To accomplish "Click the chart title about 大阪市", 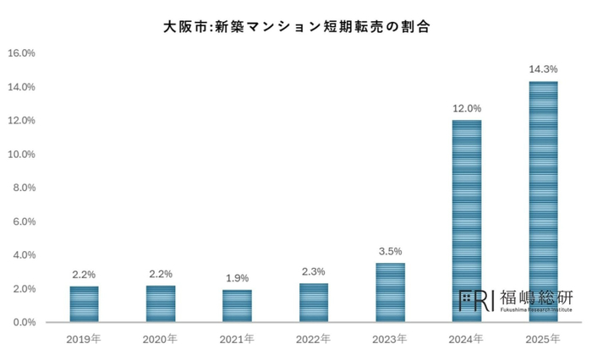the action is (x=296, y=27).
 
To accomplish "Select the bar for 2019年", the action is (x=85, y=304).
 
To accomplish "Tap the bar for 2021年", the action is (x=237, y=306).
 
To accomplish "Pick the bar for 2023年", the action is (x=391, y=292).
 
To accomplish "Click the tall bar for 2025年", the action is (x=543, y=202).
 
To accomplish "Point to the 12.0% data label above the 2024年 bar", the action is (x=467, y=109).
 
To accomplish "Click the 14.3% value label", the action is (x=543, y=69).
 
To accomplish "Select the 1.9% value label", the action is (x=237, y=278).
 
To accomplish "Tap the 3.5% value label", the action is (x=391, y=251).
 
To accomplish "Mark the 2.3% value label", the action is (x=314, y=272).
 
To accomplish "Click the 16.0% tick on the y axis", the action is (x=21, y=53).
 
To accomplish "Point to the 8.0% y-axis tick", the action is (x=25, y=188).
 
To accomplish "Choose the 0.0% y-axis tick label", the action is (x=25, y=322).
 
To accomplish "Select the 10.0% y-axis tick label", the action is (x=21, y=154).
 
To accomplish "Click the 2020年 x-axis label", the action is (x=160, y=339).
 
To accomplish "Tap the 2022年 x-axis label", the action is (x=314, y=339).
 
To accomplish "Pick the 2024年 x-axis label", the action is (x=466, y=339).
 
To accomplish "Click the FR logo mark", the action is (x=476, y=301).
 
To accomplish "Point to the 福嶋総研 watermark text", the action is (x=536, y=297).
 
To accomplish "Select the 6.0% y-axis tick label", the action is (x=25, y=221).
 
